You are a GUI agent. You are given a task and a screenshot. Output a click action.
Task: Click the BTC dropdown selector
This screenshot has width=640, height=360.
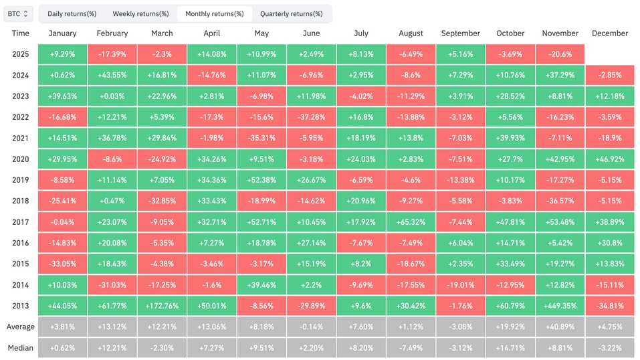(x=18, y=13)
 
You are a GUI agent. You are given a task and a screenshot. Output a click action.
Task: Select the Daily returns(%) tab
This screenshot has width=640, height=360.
(x=72, y=13)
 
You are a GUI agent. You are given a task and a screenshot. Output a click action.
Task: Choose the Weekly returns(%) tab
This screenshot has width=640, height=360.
(x=140, y=13)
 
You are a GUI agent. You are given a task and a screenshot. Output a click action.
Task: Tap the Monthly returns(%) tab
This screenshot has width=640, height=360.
(x=214, y=13)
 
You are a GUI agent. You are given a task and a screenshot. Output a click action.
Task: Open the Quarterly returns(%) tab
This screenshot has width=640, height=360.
(x=291, y=13)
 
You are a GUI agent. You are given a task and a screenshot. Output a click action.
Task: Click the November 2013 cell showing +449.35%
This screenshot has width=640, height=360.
(x=560, y=306)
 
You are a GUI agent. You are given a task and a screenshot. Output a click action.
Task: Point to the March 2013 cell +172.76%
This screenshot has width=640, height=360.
(x=162, y=306)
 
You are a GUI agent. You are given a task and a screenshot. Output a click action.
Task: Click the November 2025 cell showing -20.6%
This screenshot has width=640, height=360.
(x=560, y=54)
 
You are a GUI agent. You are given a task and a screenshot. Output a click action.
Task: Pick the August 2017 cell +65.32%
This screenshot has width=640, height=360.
(x=411, y=222)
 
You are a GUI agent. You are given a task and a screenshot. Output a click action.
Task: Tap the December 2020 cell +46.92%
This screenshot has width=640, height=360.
(x=610, y=159)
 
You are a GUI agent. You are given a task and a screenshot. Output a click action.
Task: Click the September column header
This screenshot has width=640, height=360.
(x=460, y=33)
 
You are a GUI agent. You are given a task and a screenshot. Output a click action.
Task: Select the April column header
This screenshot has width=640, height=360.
(x=212, y=33)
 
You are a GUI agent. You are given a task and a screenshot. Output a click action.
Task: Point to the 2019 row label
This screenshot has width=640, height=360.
(x=20, y=180)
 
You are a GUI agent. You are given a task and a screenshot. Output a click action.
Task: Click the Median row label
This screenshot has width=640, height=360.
(x=20, y=347)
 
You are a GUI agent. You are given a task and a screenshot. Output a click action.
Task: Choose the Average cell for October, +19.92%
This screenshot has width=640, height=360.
(x=510, y=327)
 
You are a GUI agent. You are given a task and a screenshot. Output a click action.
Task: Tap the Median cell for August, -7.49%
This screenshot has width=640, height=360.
(x=411, y=347)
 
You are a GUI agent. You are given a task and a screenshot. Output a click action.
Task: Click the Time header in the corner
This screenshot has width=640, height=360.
(x=20, y=33)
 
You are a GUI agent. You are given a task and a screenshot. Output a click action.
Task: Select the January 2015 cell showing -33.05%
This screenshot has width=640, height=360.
(x=63, y=264)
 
